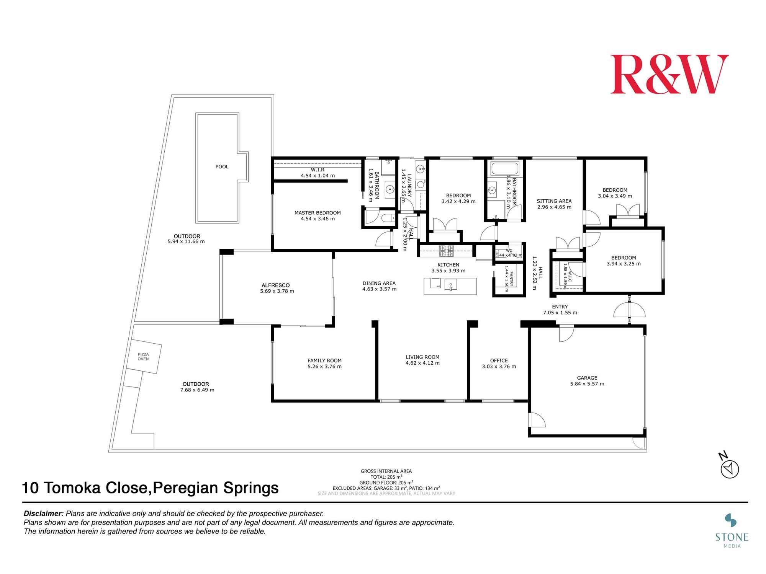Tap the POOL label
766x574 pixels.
[222, 167]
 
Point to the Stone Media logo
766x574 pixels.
[732, 530]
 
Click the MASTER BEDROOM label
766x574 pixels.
[318, 213]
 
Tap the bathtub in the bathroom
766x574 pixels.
[505, 168]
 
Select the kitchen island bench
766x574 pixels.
[450, 286]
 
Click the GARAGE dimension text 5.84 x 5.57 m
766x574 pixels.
[587, 384]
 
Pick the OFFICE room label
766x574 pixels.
[499, 360]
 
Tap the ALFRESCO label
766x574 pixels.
[275, 285]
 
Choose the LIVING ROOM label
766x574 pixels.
[422, 357]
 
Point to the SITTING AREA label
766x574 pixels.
[554, 201]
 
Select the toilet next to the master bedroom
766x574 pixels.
[388, 219]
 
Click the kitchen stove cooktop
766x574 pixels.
[446, 251]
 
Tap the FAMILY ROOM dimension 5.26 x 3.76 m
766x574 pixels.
[324, 367]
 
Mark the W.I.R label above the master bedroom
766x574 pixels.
[318, 170]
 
